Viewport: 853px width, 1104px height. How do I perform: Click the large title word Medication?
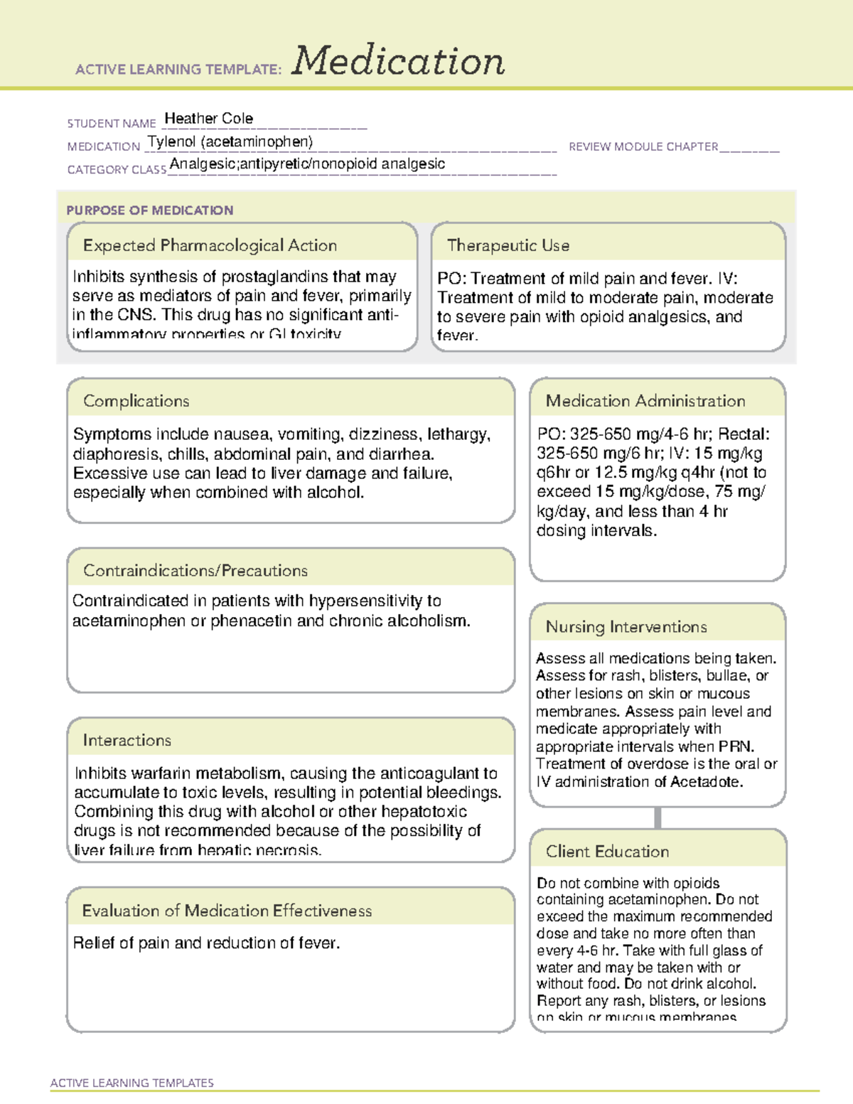click(398, 61)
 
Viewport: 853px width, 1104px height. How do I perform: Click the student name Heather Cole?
click(208, 119)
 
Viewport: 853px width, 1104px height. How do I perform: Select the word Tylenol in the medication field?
click(171, 142)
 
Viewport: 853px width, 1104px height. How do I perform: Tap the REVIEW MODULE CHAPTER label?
click(643, 147)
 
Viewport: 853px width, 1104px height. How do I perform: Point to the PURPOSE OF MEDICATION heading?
click(150, 210)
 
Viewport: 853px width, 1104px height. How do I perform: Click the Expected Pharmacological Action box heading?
click(210, 246)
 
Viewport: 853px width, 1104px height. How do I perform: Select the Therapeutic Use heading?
click(508, 246)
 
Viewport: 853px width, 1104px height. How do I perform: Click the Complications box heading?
click(136, 402)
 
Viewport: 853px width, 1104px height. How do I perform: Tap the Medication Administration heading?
click(645, 402)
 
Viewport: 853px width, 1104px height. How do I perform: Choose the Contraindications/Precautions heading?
click(195, 571)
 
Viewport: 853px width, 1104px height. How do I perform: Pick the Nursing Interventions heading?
click(626, 627)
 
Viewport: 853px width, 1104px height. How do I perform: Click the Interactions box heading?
click(127, 741)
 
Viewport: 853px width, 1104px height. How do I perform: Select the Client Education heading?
click(608, 852)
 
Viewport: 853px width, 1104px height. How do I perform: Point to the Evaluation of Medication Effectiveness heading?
click(227, 911)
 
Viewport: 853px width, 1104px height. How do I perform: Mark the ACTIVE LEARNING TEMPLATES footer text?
click(132, 1083)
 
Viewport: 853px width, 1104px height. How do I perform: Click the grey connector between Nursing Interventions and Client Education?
click(658, 818)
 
